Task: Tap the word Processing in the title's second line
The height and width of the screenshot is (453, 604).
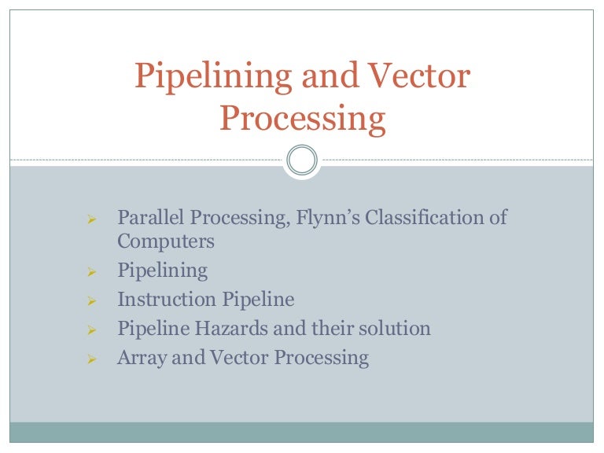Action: (x=303, y=119)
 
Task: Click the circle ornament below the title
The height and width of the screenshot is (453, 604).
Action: (x=301, y=161)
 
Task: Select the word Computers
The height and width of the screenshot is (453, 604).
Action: (x=166, y=241)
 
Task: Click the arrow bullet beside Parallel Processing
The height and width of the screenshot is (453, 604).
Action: (x=91, y=218)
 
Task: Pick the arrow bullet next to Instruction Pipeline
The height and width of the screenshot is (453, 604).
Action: (x=91, y=300)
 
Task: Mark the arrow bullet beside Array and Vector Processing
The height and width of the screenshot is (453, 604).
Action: (x=91, y=359)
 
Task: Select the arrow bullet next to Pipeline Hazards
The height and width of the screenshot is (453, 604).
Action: (x=91, y=329)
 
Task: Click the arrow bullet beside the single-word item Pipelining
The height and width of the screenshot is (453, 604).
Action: (x=91, y=272)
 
